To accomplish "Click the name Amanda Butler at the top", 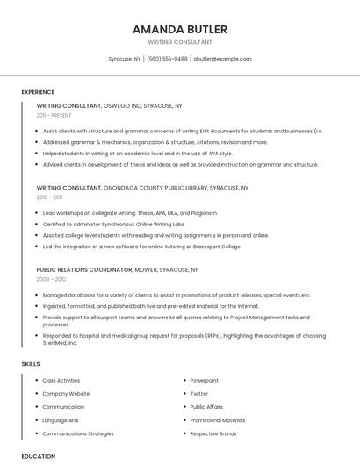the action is click(x=179, y=29).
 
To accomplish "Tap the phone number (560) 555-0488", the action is click(x=167, y=59).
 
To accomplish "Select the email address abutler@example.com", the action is click(x=222, y=59).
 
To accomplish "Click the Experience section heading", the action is click(x=38, y=92).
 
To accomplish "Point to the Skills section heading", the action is click(x=31, y=363).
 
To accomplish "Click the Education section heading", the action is click(x=39, y=456).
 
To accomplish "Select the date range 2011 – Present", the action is click(x=54, y=115).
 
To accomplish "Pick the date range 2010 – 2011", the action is click(x=49, y=197).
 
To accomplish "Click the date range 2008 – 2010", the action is click(x=51, y=279).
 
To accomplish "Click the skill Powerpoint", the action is click(x=204, y=381).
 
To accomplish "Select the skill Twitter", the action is click(x=199, y=394).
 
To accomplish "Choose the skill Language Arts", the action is click(x=61, y=420).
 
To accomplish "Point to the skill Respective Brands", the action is click(x=213, y=433).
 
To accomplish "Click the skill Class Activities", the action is click(x=61, y=381).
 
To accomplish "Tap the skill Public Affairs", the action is click(x=206, y=407).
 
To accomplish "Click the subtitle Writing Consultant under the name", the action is click(x=179, y=42).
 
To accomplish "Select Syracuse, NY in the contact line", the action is click(x=124, y=59).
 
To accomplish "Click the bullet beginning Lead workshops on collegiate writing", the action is click(x=130, y=213).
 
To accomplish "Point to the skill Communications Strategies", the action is click(x=78, y=433).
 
